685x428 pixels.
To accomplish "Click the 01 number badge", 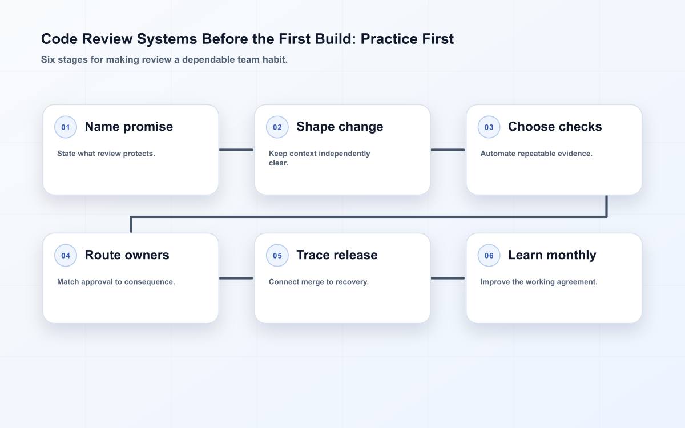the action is (x=66, y=127).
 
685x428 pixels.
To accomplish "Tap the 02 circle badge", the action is (x=277, y=127).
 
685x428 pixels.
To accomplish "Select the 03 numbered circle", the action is (x=489, y=127).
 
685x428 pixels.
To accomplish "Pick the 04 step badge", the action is (x=66, y=255).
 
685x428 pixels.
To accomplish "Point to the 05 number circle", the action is (x=277, y=255).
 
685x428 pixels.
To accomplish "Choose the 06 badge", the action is (x=489, y=255).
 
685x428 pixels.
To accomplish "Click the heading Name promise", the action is (x=129, y=127).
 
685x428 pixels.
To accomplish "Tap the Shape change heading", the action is (x=340, y=127).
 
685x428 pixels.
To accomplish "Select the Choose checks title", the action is (x=555, y=127).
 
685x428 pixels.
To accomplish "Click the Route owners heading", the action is (x=127, y=255).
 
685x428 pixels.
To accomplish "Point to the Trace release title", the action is (x=337, y=255).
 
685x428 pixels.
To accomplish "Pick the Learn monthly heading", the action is (x=552, y=255).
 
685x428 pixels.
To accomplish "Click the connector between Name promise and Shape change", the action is (x=236, y=150).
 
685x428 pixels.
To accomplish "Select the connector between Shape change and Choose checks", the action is (x=448, y=150).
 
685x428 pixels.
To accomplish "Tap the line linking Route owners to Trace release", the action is (x=236, y=278).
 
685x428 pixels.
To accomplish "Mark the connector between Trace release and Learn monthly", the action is (x=448, y=278).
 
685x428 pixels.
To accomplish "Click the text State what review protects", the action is (x=106, y=154).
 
